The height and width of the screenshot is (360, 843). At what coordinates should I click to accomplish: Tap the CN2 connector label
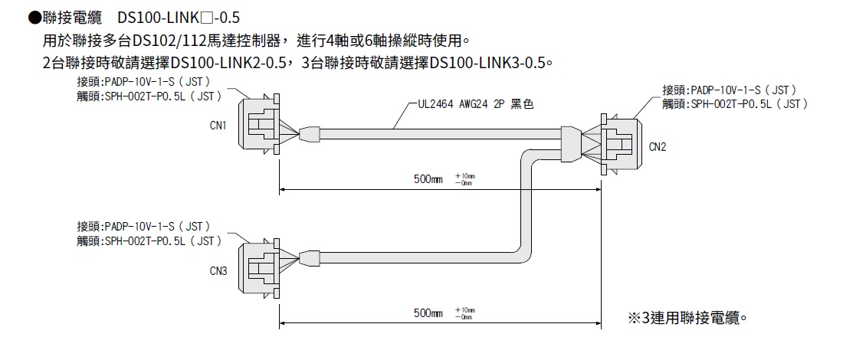click(657, 146)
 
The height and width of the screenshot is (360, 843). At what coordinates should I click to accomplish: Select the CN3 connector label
click(218, 270)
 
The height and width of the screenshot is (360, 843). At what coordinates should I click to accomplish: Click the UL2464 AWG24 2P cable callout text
click(475, 105)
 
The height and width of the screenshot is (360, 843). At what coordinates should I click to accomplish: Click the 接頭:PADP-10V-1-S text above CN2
click(730, 90)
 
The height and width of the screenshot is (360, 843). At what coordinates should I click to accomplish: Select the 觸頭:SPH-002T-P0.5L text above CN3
click(149, 241)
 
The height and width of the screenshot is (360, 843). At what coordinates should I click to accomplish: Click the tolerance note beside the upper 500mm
click(464, 179)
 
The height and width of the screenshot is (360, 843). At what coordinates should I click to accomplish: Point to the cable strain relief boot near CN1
click(309, 136)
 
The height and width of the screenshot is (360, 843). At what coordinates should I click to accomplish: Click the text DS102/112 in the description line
click(168, 40)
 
